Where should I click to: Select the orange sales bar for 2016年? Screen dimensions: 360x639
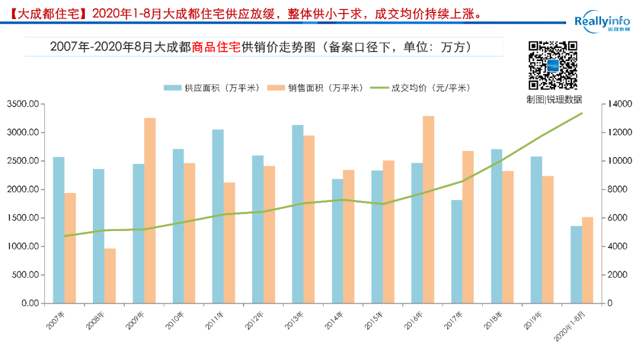(x=428, y=210)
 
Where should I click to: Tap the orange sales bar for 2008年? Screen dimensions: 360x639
(x=110, y=276)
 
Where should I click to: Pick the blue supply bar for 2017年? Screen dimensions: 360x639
(x=457, y=252)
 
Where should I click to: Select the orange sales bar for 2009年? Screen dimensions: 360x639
(x=150, y=211)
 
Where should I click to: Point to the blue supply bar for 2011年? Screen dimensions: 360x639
(x=218, y=216)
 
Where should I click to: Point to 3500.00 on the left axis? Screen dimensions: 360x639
(x=22, y=104)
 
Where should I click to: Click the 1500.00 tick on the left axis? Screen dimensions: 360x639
(x=22, y=218)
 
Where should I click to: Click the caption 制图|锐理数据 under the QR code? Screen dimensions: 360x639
(x=554, y=99)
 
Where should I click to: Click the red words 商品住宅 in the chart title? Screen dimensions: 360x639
(x=217, y=47)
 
